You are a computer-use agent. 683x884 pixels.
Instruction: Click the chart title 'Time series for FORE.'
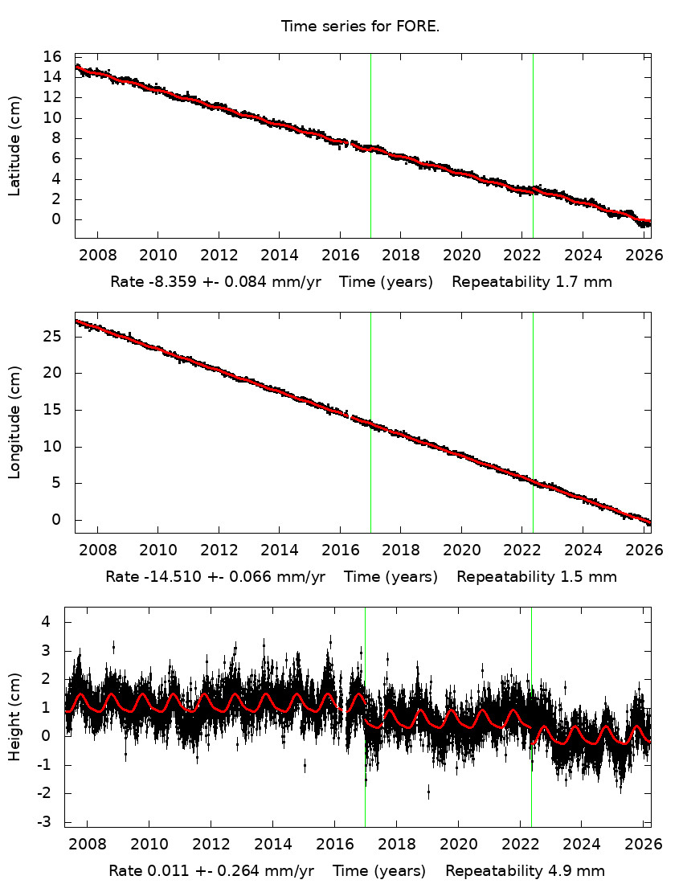coord(360,27)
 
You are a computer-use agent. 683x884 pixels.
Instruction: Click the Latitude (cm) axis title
coord(14,145)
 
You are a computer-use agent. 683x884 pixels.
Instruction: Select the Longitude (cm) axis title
coord(14,422)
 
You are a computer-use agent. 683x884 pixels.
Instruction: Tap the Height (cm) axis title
coord(14,717)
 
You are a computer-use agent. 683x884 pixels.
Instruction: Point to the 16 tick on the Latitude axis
coord(52,57)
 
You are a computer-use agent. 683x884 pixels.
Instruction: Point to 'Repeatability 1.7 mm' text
coord(532,282)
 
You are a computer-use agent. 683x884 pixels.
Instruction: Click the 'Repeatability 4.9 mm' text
coord(525,871)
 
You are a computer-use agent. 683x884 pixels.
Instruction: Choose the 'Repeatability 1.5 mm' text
coord(537,577)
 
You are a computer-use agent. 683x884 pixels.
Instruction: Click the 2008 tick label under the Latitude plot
coord(97,256)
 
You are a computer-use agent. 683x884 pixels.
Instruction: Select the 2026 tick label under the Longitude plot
coord(644,550)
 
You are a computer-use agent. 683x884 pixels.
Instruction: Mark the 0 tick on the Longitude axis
coord(57,520)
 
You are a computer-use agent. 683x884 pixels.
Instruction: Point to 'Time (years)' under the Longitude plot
coord(391,577)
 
